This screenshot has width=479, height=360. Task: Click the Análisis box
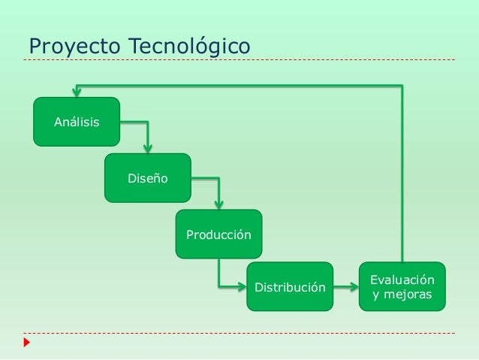coord(76,121)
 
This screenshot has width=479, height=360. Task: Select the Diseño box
coord(147,178)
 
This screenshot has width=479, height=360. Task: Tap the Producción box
coord(218,234)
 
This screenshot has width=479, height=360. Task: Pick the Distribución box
coord(290,287)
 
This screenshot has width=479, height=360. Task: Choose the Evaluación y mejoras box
coord(402,286)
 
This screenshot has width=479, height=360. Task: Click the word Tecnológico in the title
coord(190,46)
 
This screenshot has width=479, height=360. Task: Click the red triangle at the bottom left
coord(27,343)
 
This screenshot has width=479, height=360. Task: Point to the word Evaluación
coord(402,280)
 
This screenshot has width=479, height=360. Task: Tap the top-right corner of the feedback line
coord(402,85)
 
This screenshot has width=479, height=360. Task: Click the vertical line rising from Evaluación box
coord(402,173)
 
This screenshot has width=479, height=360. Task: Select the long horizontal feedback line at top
coord(240,85)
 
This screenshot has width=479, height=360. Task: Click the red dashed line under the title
coord(240,59)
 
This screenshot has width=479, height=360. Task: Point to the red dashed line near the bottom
coord(240,333)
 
